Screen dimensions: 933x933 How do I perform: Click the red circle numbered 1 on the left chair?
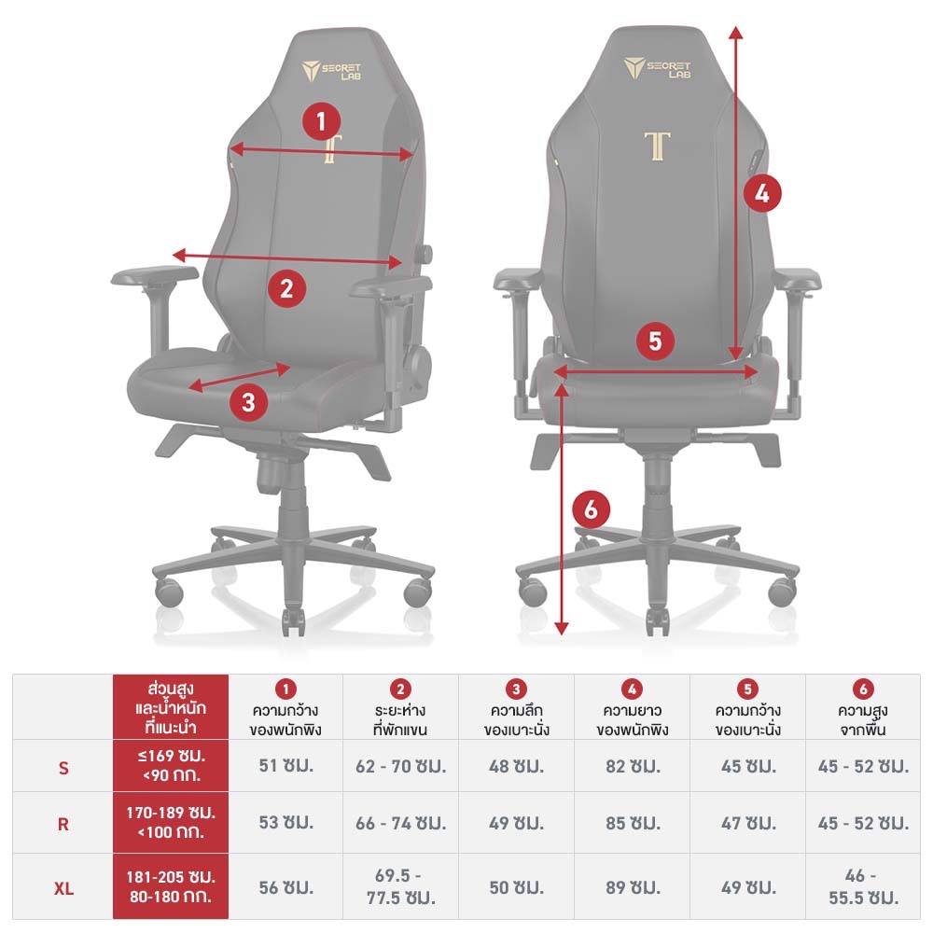pos(321,121)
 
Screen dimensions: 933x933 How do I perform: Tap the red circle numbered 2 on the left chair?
pos(286,288)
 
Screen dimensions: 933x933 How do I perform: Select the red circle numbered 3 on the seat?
pos(248,402)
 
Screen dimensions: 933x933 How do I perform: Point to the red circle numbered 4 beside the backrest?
pos(762,193)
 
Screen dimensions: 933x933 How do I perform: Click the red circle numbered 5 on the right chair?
pos(655,341)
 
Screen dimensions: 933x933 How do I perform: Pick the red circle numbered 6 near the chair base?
pos(591,509)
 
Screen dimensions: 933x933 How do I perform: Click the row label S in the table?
pos(63,768)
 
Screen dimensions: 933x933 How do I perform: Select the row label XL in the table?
pos(63,888)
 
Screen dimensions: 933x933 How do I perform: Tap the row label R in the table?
pos(63,825)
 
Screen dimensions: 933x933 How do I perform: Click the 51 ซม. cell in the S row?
pos(286,765)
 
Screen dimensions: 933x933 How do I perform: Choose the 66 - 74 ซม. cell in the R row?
pos(400,823)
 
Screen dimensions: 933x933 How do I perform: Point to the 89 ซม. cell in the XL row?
pos(634,888)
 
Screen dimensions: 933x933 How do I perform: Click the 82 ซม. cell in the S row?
pos(634,766)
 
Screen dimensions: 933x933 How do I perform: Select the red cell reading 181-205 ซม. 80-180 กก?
pos(171,886)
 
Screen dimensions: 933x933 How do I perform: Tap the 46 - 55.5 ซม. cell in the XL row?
pos(863,886)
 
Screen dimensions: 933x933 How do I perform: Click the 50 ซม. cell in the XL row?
pos(517,888)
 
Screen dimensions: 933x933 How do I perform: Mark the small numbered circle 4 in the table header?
pos(632,689)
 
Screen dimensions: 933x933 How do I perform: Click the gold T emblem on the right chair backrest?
pos(657,146)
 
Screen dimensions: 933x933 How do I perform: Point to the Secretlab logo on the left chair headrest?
pos(331,71)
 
